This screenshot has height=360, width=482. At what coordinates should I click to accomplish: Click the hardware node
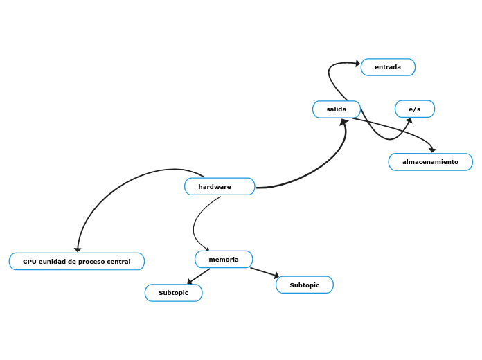[x=220, y=187]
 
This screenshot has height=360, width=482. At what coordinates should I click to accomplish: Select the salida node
[x=337, y=109]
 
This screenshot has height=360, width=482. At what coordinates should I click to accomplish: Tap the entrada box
[x=388, y=67]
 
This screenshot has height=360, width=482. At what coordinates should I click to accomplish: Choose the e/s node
[x=415, y=109]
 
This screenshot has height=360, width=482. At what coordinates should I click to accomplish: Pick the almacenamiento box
[x=430, y=162]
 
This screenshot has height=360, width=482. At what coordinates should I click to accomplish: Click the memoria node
[x=224, y=260]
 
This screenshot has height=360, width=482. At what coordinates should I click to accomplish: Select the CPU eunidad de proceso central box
[x=77, y=262]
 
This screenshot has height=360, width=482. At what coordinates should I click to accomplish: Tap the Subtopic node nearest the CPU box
[x=173, y=293]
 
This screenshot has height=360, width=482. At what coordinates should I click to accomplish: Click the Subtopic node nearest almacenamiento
[x=305, y=285]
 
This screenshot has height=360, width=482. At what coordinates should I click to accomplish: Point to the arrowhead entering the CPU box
[x=78, y=249]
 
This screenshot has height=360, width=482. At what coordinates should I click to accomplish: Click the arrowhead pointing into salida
[x=344, y=123]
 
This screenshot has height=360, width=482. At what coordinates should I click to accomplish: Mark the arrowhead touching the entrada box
[x=357, y=64]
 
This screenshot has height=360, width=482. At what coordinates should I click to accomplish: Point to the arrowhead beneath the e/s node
[x=409, y=120]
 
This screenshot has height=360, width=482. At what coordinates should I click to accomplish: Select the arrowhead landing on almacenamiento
[x=433, y=150]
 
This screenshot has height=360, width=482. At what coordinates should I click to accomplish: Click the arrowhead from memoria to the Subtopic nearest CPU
[x=190, y=282]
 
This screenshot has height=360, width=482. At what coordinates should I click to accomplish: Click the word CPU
[x=30, y=262]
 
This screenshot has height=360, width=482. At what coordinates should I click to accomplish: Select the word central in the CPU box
[x=118, y=262]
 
